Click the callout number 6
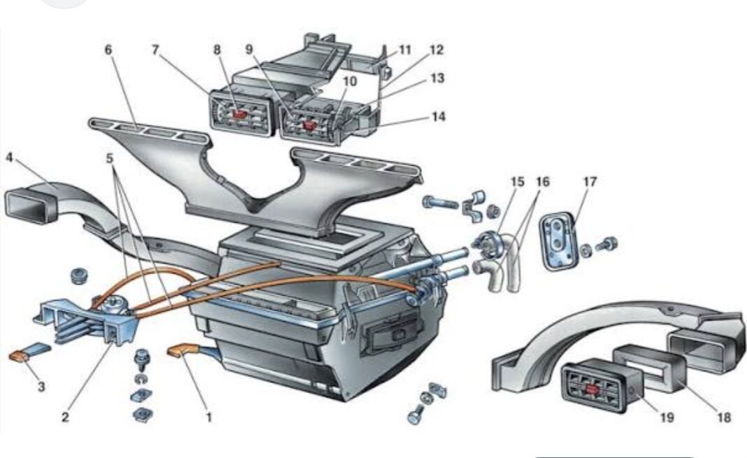coord(108,50)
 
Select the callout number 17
coord(590,182)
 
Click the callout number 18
coord(724,417)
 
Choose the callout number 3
coord(41,386)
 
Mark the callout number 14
coord(437,116)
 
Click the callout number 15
coord(517,182)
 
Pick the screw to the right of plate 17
coord(608,244)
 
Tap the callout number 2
coord(65,417)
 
